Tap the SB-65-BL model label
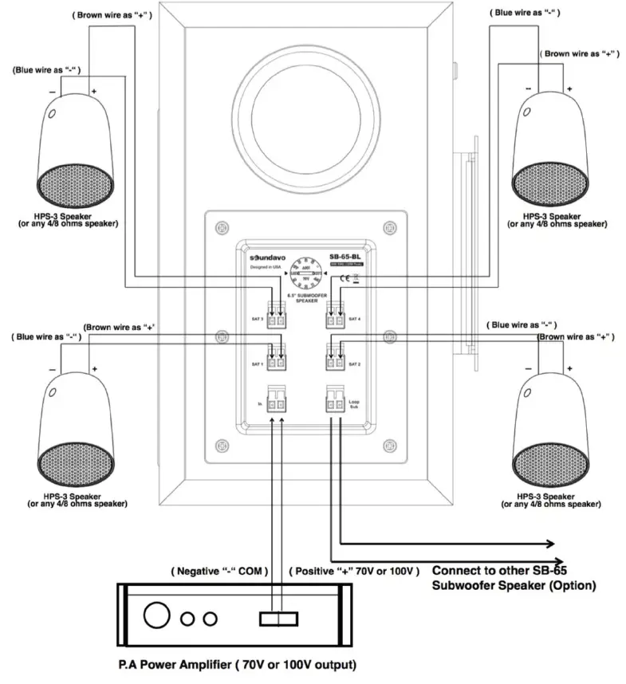[345, 257]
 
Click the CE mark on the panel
[343, 278]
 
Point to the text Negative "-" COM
[219, 571]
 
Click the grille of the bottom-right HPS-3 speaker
[551, 464]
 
